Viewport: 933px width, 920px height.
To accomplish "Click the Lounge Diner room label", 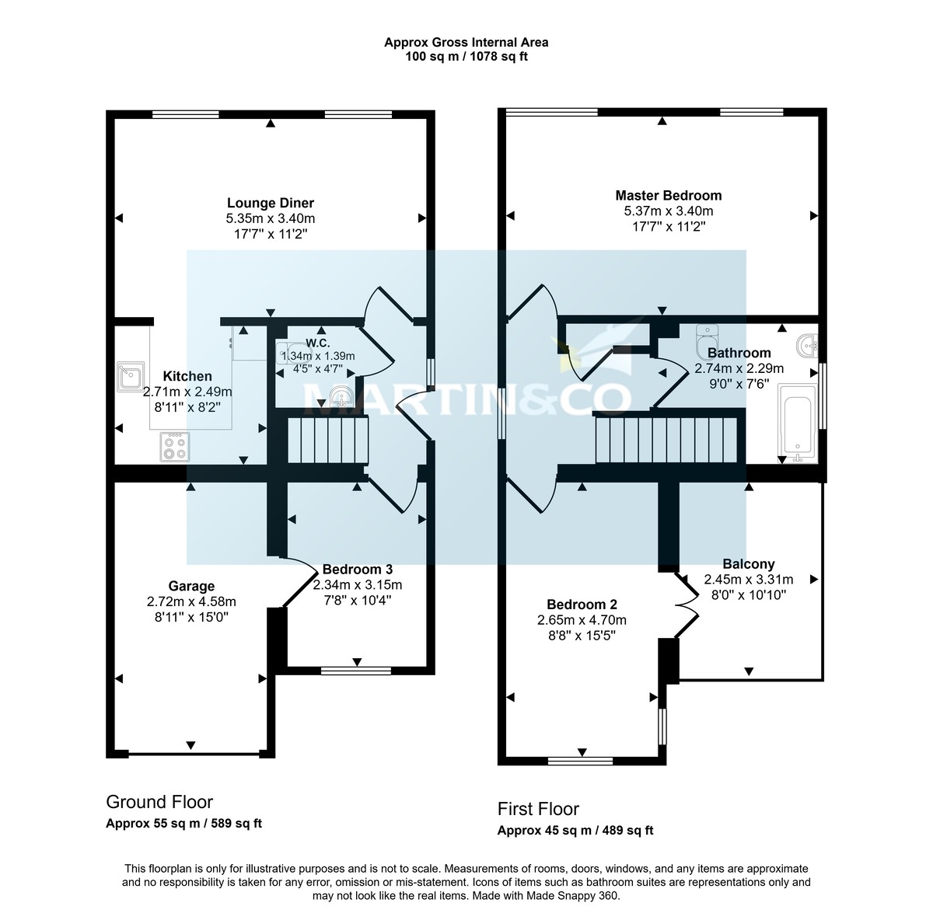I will [270, 204].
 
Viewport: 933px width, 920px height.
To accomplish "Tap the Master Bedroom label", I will [668, 196].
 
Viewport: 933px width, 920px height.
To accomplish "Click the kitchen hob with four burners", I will [175, 447].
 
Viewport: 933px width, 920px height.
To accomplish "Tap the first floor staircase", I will [665, 440].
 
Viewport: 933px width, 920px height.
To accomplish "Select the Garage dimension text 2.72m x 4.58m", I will [191, 601].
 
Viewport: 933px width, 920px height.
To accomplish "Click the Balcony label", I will [748, 564].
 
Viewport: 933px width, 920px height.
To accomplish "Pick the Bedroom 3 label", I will [357, 568].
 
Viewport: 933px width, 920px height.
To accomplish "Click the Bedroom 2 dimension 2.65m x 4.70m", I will [582, 620].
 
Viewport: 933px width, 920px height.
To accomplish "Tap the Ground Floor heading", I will [159, 802].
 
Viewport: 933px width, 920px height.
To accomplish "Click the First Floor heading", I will [538, 809].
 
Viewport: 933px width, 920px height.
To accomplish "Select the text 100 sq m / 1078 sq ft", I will [466, 57].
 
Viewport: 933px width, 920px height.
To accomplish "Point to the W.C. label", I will [318, 343].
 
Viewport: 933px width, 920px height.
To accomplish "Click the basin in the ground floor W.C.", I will [340, 398].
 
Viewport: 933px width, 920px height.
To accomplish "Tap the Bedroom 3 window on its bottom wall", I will [356, 670].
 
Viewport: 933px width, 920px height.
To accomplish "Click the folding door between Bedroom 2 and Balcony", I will [687, 603].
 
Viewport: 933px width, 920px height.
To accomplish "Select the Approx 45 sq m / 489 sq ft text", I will [575, 831].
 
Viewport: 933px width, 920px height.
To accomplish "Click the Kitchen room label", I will [187, 376].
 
